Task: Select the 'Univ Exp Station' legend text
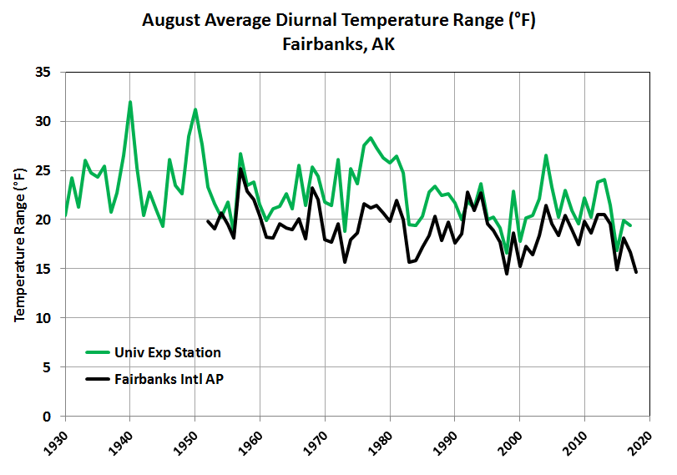pyautogui.click(x=173, y=352)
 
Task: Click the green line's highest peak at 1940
pyautogui.click(x=130, y=102)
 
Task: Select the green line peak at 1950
pyautogui.click(x=195, y=109)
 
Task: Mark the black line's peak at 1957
pyautogui.click(x=240, y=169)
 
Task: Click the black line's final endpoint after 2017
pyautogui.click(x=636, y=272)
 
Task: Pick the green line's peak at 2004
pyautogui.click(x=546, y=155)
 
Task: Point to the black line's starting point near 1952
pyautogui.click(x=208, y=221)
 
